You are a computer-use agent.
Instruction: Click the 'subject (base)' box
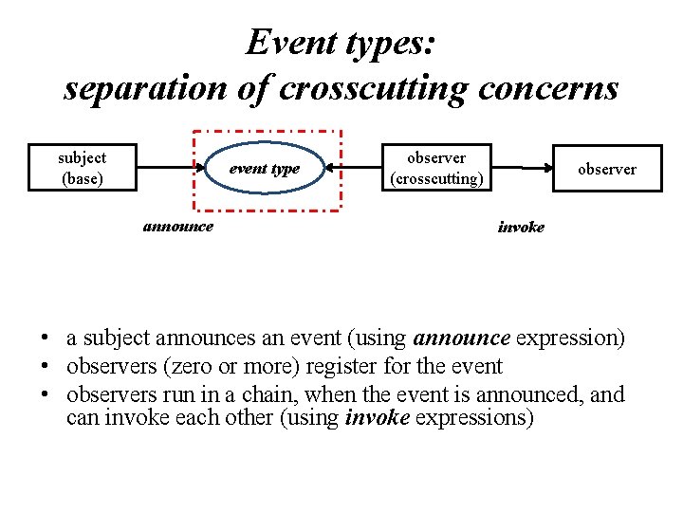(x=82, y=168)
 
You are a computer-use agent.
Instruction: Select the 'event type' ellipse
(x=265, y=169)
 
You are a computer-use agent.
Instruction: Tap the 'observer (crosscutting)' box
(x=436, y=168)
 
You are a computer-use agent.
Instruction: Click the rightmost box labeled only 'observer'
(x=607, y=169)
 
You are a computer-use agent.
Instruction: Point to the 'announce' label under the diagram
(x=177, y=227)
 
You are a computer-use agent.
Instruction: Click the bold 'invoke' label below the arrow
(x=521, y=228)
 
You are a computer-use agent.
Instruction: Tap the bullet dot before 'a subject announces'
(x=45, y=338)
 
